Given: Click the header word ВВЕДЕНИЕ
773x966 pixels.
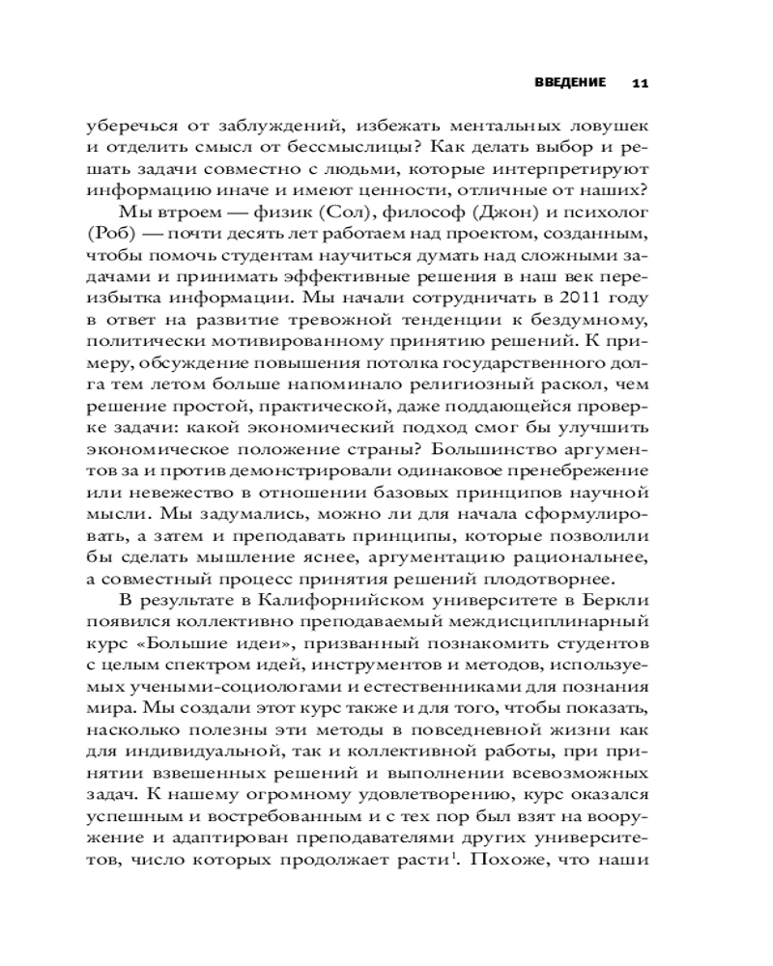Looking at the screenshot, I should [569, 82].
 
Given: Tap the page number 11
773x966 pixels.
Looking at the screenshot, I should [640, 83].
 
